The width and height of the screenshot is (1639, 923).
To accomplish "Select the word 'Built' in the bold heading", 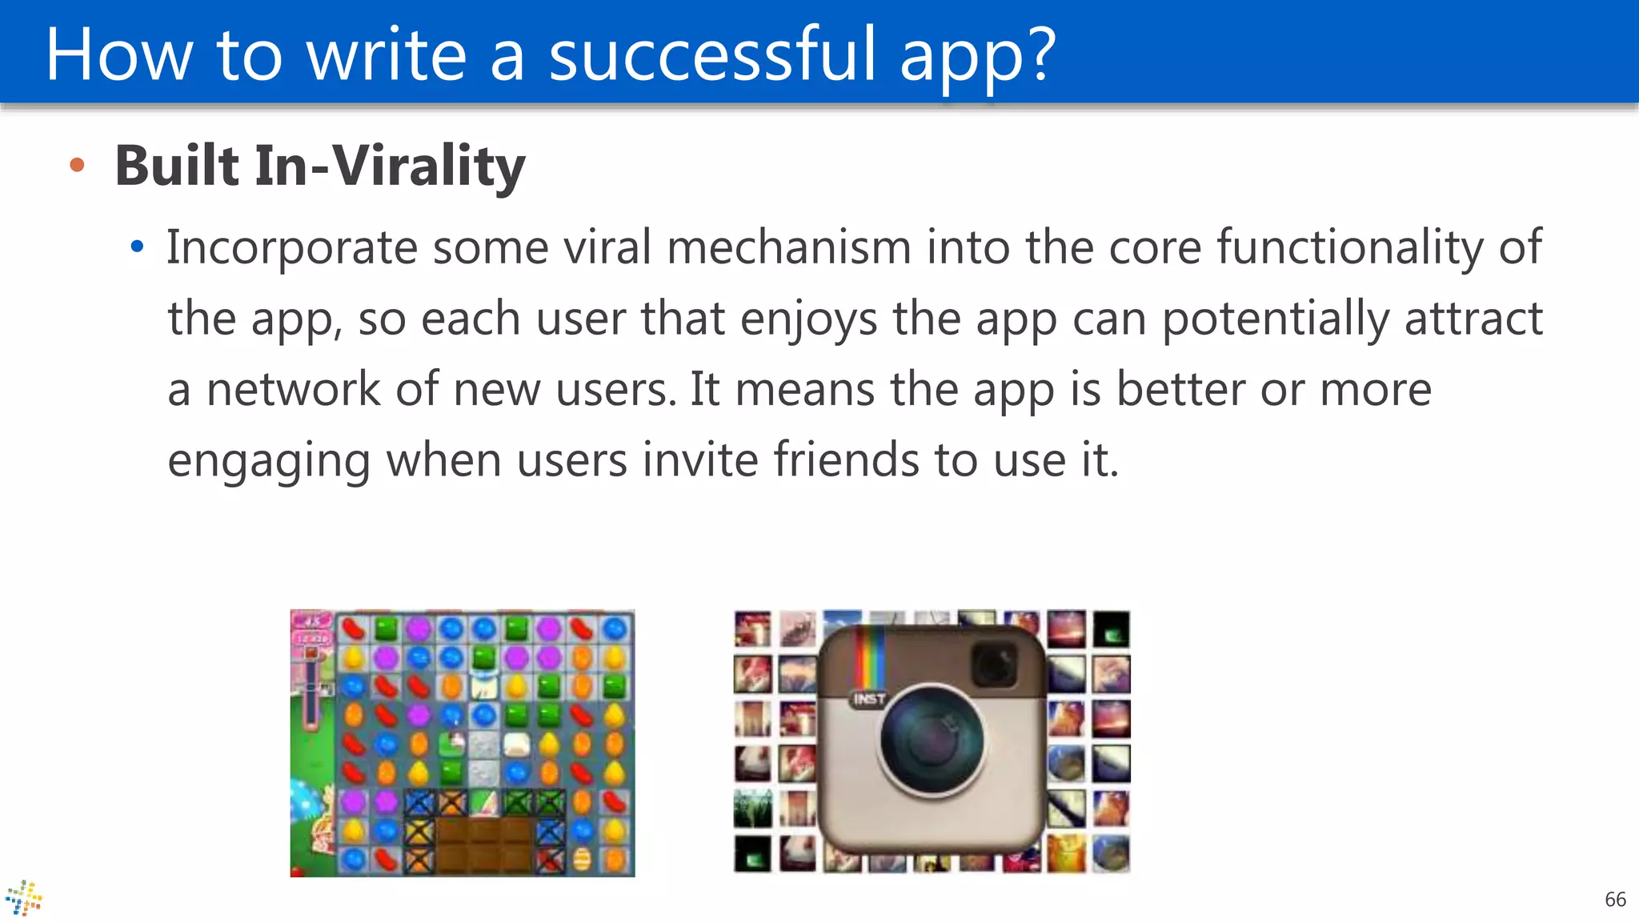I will click(x=177, y=166).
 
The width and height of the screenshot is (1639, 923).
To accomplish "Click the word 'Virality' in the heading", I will click(x=429, y=166).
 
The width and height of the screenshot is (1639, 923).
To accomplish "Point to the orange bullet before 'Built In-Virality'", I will click(x=77, y=166).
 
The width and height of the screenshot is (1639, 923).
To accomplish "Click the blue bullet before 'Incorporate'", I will click(x=137, y=247).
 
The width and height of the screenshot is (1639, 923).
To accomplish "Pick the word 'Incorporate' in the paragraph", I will click(x=291, y=247).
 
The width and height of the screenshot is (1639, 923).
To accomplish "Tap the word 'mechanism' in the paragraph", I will click(x=788, y=247).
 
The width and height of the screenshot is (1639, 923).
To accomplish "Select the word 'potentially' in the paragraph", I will click(x=1276, y=319).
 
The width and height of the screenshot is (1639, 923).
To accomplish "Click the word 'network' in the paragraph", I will click(x=293, y=390).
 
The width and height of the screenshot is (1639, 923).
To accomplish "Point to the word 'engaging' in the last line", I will click(x=269, y=461).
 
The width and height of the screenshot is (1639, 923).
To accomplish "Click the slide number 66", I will click(x=1615, y=900).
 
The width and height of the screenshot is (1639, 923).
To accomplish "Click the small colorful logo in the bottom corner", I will click(x=23, y=898).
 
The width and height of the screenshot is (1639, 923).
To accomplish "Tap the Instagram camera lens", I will click(x=932, y=739).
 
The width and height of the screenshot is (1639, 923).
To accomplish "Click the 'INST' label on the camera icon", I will click(x=869, y=700).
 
